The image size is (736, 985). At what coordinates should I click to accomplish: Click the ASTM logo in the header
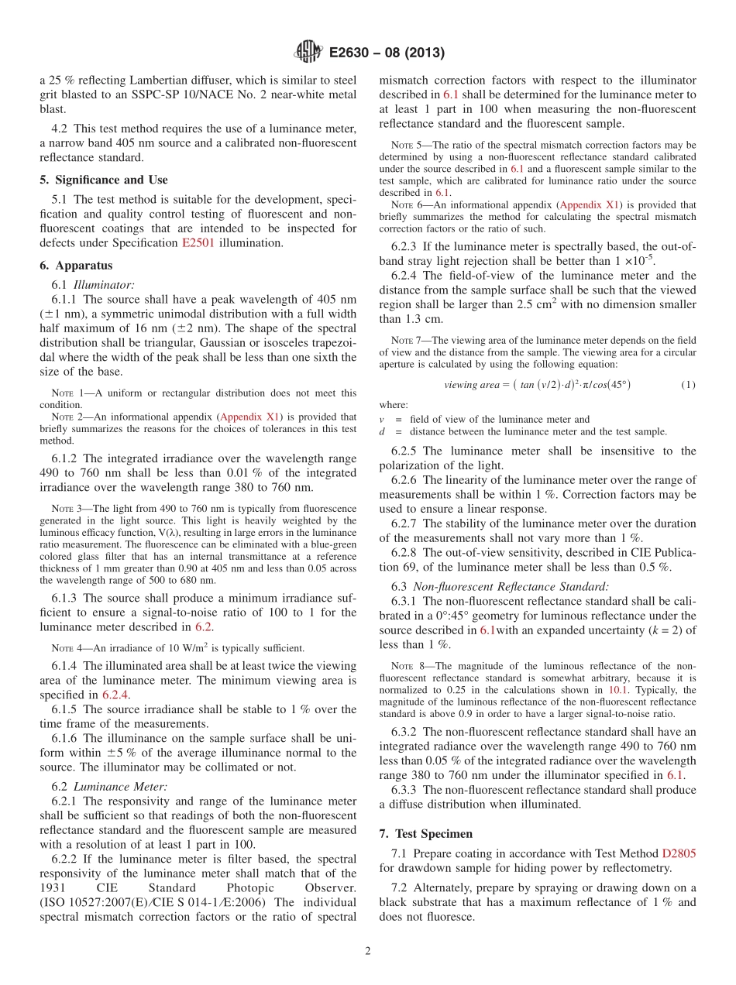pyautogui.click(x=308, y=53)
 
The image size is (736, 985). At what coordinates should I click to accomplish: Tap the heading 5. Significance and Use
pyautogui.click(x=103, y=180)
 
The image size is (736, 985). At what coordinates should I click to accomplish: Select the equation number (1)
pyautogui.click(x=688, y=385)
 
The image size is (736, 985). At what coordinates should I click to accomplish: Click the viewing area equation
pyautogui.click(x=536, y=385)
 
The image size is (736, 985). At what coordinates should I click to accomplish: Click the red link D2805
pyautogui.click(x=679, y=853)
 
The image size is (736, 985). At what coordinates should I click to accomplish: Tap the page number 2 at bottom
pyautogui.click(x=367, y=952)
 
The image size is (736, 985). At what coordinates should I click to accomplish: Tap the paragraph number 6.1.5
pyautogui.click(x=67, y=709)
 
